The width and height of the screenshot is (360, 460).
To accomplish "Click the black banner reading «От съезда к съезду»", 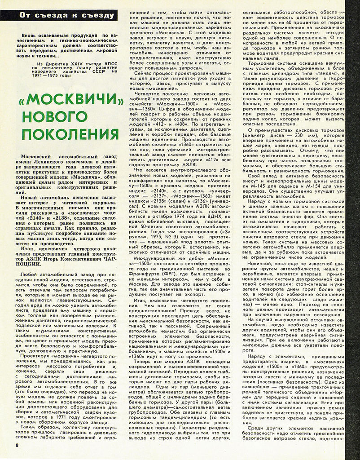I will pyautogui.click(x=67, y=16).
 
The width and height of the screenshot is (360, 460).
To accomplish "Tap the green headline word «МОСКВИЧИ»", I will pyautogui.click(x=66, y=104).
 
